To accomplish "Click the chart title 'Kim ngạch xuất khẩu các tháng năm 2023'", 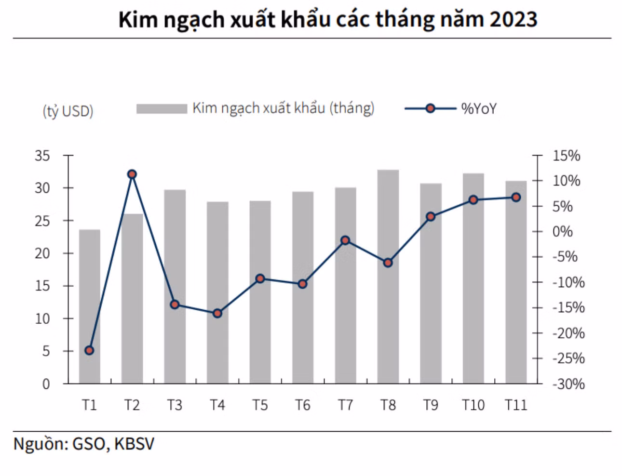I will (327, 19).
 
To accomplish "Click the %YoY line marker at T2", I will (132, 174).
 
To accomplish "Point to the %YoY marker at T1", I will (89, 350).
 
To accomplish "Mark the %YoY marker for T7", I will (345, 240).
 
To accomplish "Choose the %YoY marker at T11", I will (516, 198).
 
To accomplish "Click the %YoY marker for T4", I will (217, 313).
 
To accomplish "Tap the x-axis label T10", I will (473, 405).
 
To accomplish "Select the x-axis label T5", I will (260, 405).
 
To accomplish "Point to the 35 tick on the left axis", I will (42, 156).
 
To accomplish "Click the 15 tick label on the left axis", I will (42, 286).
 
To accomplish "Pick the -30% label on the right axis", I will (568, 384).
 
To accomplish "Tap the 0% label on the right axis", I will (563, 231).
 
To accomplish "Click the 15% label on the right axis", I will (567, 156).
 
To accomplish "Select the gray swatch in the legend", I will (162, 109).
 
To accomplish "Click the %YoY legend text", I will (479, 109).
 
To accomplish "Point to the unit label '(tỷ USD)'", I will (68, 111).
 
